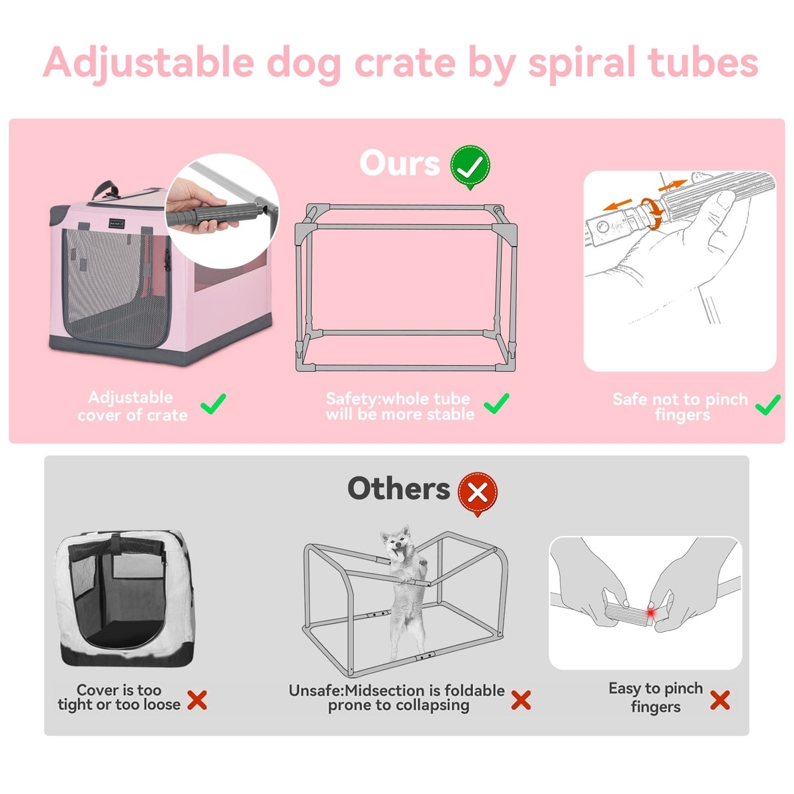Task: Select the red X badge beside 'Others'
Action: click(478, 493)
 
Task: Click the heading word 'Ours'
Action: click(400, 163)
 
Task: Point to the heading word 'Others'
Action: click(399, 489)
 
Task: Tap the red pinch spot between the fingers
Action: click(650, 613)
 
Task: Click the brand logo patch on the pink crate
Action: click(116, 223)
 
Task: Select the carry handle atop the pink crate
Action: click(105, 190)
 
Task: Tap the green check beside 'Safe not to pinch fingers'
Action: click(768, 405)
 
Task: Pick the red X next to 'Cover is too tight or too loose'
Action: click(197, 700)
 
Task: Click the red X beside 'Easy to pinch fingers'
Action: click(720, 700)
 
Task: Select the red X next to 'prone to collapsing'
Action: click(521, 700)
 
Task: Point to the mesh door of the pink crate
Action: click(116, 287)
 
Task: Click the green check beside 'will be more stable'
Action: click(496, 403)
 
